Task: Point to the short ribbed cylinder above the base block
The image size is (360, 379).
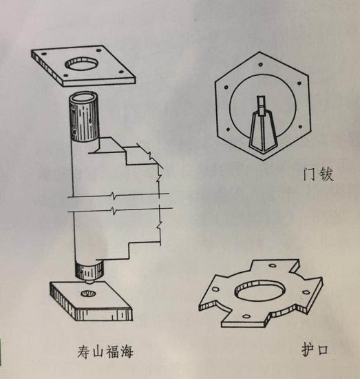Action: (87, 269)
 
